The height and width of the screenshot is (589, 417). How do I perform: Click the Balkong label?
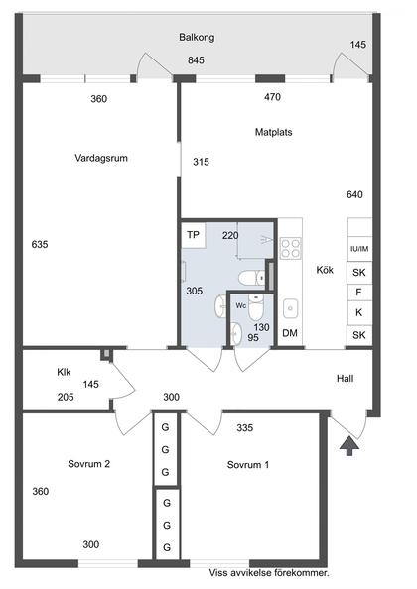pos(197,38)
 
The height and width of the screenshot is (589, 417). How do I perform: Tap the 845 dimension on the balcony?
pos(196,60)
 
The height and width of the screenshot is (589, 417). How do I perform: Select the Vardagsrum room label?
pos(101,158)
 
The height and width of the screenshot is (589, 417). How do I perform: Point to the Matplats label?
pos(273,132)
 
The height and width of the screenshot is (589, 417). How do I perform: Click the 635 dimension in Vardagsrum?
pos(40,245)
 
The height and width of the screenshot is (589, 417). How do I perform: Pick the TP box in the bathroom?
pos(193,235)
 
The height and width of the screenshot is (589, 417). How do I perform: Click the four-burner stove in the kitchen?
pos(291,248)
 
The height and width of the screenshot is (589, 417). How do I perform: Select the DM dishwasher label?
pos(290,333)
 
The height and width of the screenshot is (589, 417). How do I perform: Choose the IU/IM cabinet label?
pos(359,249)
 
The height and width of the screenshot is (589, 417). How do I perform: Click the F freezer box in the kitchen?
pos(359,293)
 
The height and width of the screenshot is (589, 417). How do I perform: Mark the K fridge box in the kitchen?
pos(359,313)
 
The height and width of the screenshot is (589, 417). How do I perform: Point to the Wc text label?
pos(241,305)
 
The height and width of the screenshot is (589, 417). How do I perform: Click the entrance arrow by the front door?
pos(349,446)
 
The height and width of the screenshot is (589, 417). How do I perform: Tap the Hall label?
pos(345,378)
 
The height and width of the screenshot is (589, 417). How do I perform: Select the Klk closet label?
pos(64,372)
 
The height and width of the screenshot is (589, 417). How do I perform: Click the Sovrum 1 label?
pos(248,465)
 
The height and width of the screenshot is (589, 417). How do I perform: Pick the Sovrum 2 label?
pos(88,464)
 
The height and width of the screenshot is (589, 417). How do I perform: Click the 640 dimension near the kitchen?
pos(354,194)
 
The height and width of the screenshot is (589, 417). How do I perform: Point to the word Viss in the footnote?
pos(217,573)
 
